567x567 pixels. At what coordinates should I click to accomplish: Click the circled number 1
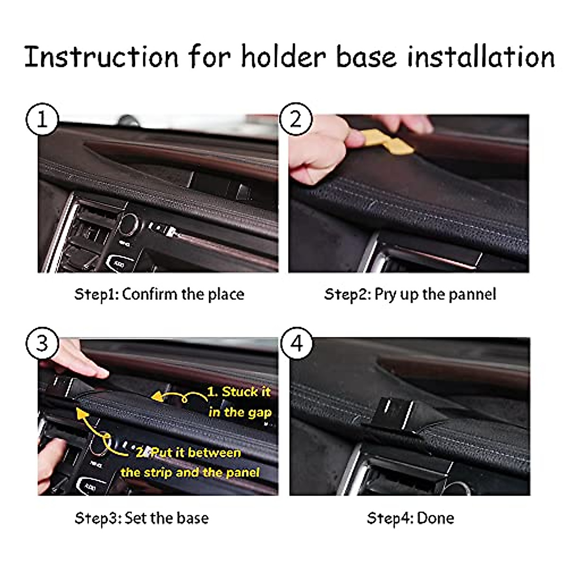pyautogui.click(x=43, y=119)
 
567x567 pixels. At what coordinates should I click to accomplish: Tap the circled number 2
pyautogui.click(x=296, y=119)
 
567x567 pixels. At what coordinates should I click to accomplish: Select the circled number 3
pyautogui.click(x=43, y=344)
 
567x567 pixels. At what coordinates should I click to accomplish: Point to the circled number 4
pyautogui.click(x=296, y=344)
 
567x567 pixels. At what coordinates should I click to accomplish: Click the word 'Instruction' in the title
pyautogui.click(x=102, y=56)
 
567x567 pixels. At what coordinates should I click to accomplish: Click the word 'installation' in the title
pyautogui.click(x=481, y=56)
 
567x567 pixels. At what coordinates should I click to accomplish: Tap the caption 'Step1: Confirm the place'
pyautogui.click(x=159, y=294)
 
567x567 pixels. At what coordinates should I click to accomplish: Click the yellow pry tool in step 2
pyautogui.click(x=385, y=142)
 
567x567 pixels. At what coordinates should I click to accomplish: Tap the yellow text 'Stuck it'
pyautogui.click(x=246, y=392)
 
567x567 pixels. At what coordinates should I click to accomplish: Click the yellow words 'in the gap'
pyautogui.click(x=240, y=412)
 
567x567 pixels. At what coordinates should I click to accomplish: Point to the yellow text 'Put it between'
pyautogui.click(x=195, y=453)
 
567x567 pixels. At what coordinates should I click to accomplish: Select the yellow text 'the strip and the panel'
pyautogui.click(x=190, y=472)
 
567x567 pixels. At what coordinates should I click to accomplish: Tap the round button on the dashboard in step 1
pyautogui.click(x=129, y=224)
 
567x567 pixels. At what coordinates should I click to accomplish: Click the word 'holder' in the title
pyautogui.click(x=283, y=56)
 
